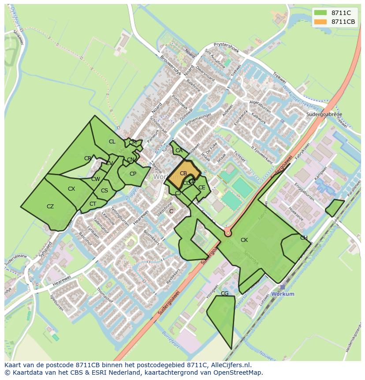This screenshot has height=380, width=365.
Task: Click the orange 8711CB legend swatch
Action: click(x=320, y=22)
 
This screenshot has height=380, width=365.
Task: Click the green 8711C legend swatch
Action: click(x=320, y=13)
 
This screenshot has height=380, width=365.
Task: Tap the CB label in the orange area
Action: click(x=183, y=173)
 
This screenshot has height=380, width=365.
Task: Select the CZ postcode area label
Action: click(x=50, y=207)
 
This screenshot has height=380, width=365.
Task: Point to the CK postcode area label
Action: click(x=244, y=240)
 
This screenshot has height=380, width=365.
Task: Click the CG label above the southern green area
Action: click(x=224, y=293)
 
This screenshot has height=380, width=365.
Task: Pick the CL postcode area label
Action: click(x=112, y=142)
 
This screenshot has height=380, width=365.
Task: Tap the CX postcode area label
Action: click(x=71, y=189)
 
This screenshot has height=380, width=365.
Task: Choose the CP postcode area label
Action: click(x=133, y=174)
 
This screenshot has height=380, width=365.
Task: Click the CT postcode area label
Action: click(x=93, y=204)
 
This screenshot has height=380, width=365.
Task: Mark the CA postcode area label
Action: click(x=179, y=150)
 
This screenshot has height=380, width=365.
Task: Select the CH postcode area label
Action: click(x=304, y=238)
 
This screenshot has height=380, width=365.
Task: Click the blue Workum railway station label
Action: click(x=283, y=294)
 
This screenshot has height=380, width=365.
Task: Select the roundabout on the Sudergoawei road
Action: click(x=228, y=232)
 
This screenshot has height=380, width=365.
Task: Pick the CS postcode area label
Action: click(x=104, y=191)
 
